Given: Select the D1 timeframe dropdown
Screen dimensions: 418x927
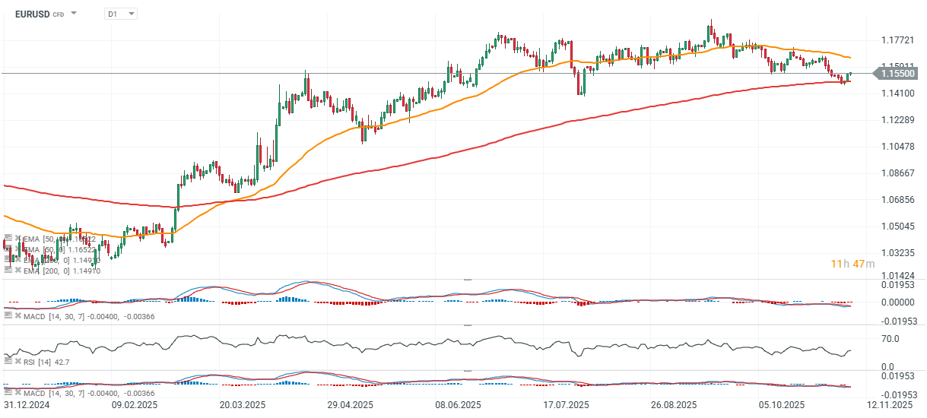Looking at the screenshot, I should tap(120, 14).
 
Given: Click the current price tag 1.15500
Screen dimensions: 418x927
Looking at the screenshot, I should tap(900, 74).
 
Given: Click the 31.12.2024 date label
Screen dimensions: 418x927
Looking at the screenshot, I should tap(26, 405).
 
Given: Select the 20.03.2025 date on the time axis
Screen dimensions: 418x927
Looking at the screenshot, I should tap(243, 405).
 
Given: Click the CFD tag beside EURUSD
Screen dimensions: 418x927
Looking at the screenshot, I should tap(59, 14).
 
